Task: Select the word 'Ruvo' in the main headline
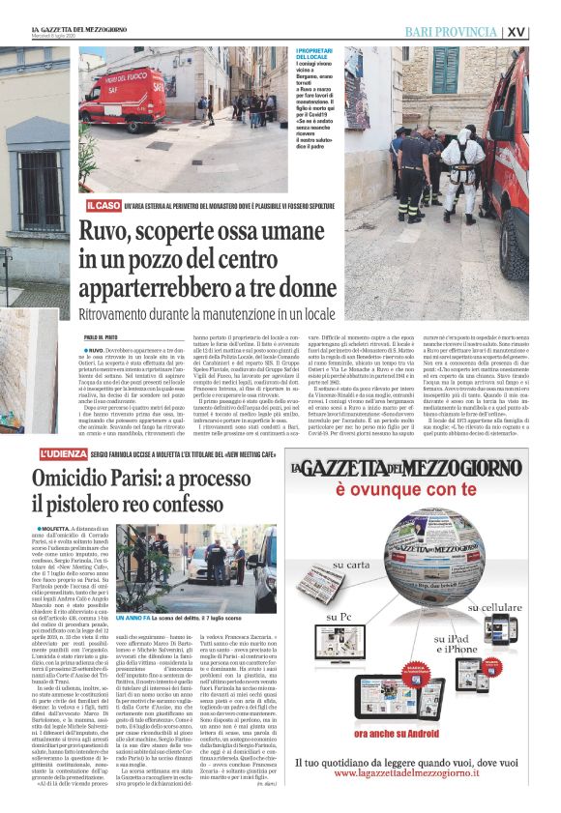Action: pos(109,232)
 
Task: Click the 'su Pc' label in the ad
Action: pos(315,615)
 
